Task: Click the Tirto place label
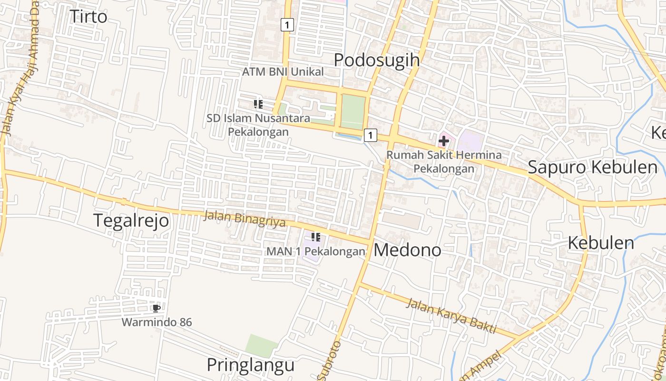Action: (x=88, y=16)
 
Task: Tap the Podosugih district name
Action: (x=377, y=60)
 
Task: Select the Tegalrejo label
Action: (x=131, y=221)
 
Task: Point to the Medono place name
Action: (x=408, y=250)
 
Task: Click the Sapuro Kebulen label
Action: (x=593, y=167)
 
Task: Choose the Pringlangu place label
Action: (x=251, y=365)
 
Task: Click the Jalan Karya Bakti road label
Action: (x=451, y=316)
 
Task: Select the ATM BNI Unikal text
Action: (x=283, y=72)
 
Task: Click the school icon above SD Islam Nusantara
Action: (x=258, y=104)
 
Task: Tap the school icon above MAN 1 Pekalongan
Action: (x=315, y=237)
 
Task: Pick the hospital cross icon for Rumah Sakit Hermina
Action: (x=444, y=141)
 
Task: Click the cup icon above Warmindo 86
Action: (x=156, y=308)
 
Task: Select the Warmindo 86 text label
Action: (x=157, y=322)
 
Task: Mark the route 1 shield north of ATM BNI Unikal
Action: (x=287, y=24)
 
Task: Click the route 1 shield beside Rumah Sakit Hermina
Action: (x=371, y=135)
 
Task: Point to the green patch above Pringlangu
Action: (x=262, y=345)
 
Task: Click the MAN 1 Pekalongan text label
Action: (x=316, y=251)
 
